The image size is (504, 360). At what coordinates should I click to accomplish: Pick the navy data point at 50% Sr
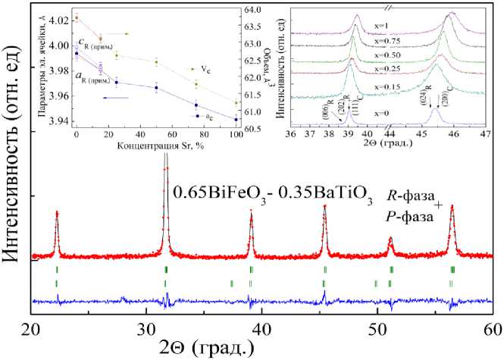click(x=156, y=88)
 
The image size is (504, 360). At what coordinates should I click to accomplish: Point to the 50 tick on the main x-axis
click(x=377, y=328)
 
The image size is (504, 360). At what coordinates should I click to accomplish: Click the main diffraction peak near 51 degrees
click(x=390, y=239)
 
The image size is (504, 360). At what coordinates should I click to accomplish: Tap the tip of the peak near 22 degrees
click(x=57, y=213)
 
